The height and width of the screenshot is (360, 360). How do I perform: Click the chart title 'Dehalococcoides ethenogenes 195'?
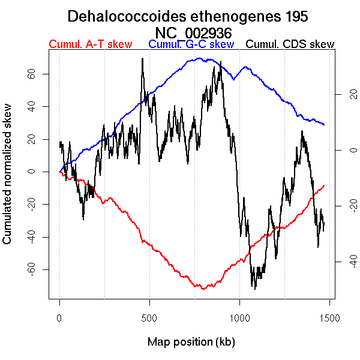pos(188,16)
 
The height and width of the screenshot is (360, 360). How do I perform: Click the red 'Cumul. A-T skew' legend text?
pos(90,44)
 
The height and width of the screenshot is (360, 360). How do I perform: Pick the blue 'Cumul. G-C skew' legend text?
pos(191,44)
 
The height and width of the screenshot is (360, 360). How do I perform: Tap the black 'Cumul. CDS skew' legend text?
pos(290,44)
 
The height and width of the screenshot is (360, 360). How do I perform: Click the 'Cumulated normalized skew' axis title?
pos(8,181)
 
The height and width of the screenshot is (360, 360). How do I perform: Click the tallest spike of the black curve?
pos(142,58)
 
